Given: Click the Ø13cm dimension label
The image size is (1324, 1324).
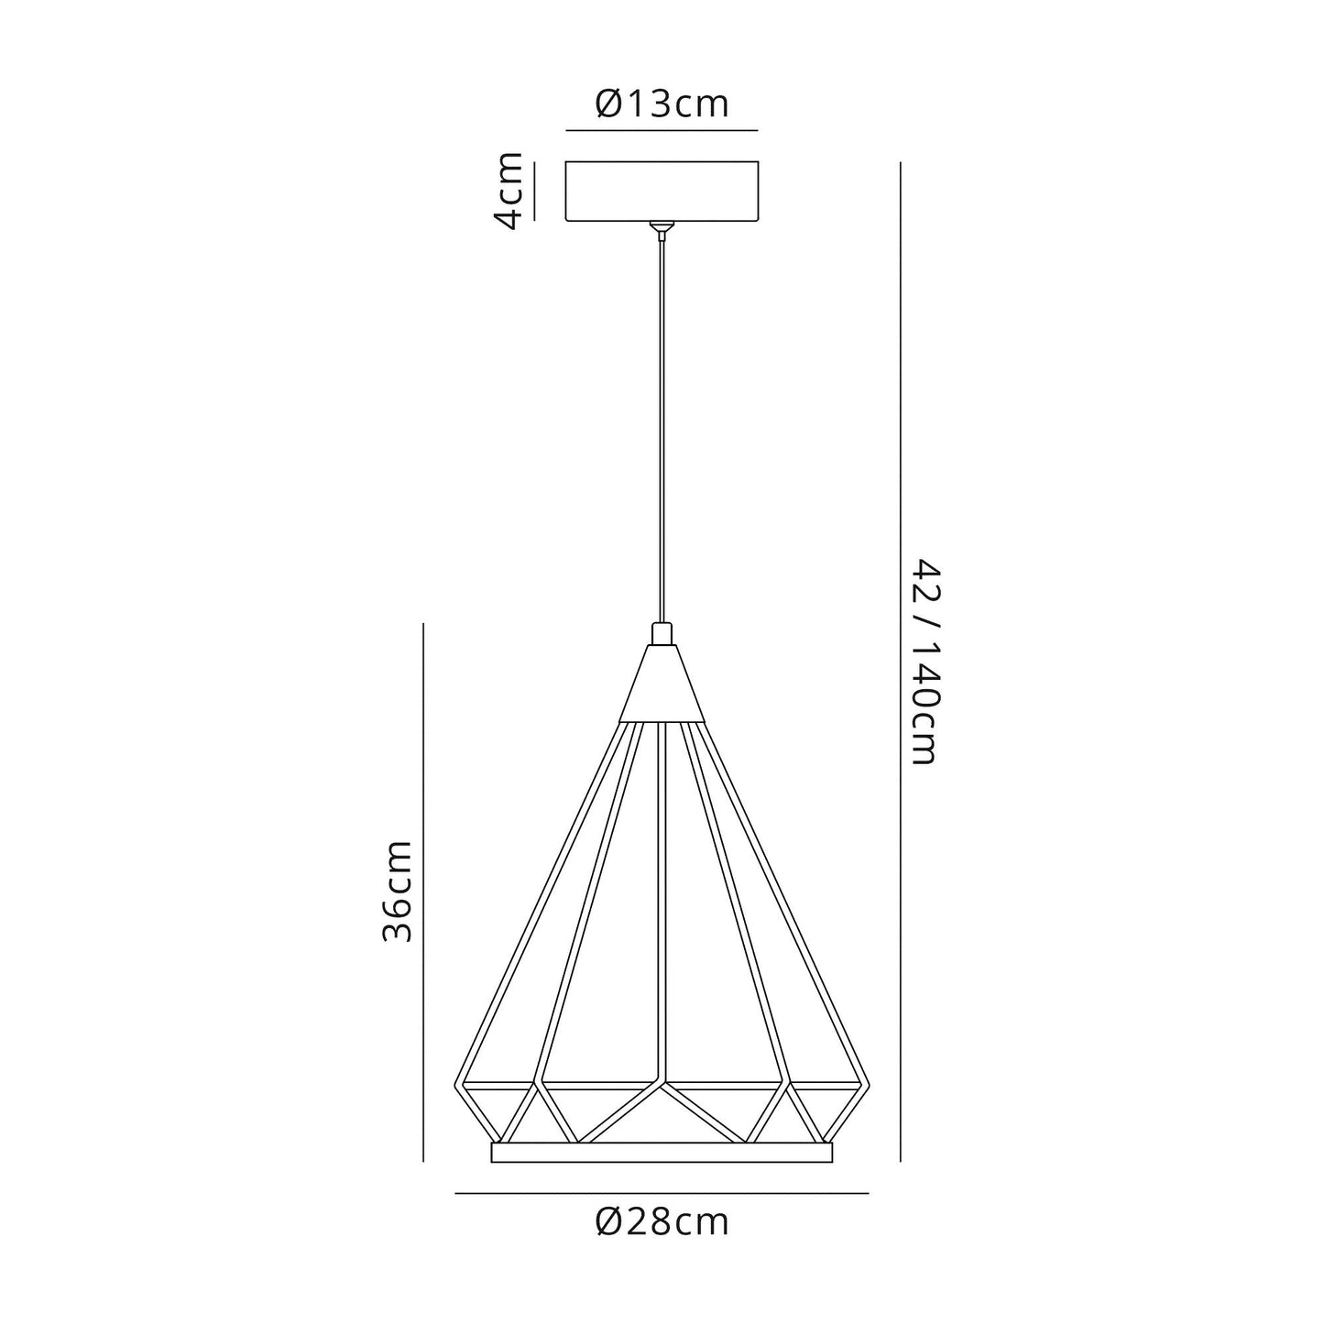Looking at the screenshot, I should click(x=662, y=104).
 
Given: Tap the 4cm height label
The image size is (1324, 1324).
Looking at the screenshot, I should click(x=507, y=191).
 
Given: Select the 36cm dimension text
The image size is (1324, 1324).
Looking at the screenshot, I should click(x=398, y=891).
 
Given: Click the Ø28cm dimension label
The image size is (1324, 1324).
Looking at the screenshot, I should click(x=662, y=1221).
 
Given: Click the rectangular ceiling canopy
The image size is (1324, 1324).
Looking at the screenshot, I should click(x=662, y=191).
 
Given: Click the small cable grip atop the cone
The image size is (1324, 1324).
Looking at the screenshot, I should click(x=662, y=634).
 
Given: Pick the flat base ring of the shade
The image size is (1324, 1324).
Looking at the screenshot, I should click(x=662, y=1152).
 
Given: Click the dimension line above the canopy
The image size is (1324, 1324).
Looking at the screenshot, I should click(x=662, y=131).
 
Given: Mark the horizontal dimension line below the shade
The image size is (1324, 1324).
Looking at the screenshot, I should click(x=662, y=1193).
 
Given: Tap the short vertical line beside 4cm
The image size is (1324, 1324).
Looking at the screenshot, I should click(x=535, y=191).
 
